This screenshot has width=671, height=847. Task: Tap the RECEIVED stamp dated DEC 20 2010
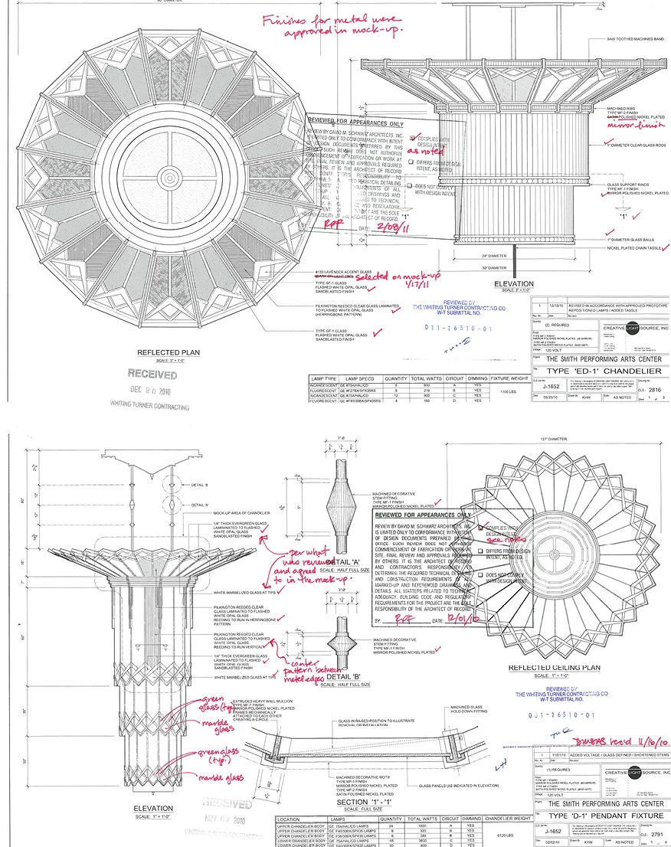click(x=152, y=375)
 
